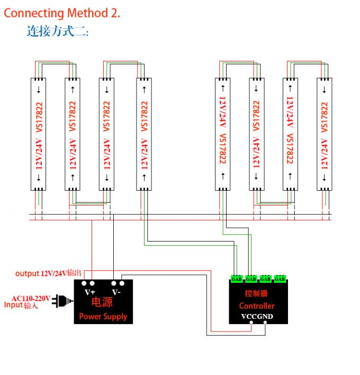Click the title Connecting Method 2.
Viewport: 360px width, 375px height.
[x=62, y=13]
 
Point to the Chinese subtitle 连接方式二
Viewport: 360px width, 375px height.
[x=58, y=31]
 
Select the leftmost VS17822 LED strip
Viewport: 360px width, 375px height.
[x=39, y=133]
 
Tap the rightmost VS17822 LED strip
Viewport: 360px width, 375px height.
[x=325, y=133]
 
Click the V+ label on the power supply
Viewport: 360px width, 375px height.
[x=90, y=292]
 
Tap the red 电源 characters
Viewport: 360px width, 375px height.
[x=102, y=303]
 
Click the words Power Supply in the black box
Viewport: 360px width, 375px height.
[x=103, y=316]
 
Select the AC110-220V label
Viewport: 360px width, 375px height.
[x=31, y=298]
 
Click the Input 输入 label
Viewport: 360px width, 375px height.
[x=21, y=306]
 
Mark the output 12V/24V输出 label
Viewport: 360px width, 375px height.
[x=48, y=273]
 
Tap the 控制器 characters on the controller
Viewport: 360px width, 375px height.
[x=256, y=293]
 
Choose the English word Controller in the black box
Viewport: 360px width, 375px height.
[x=257, y=306]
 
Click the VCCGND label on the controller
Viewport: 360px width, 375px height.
[x=257, y=317]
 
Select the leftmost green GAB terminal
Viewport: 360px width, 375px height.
[x=236, y=279]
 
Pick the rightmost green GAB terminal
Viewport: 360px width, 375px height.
[x=280, y=279]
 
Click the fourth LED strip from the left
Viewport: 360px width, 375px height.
[x=144, y=133]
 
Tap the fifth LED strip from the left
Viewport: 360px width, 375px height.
[x=223, y=133]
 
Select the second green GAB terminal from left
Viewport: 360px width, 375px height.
[x=251, y=279]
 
